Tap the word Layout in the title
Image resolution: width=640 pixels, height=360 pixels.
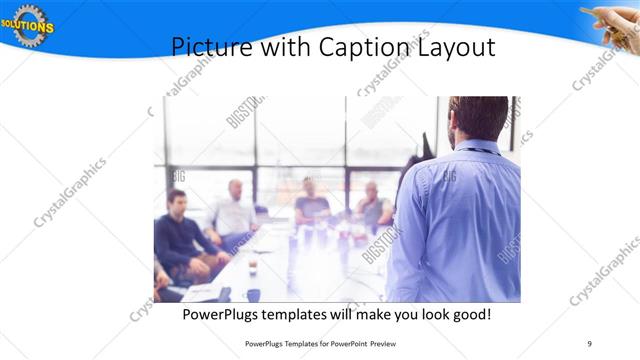pyautogui.click(x=461, y=47)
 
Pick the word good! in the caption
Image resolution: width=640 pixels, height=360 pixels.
pyautogui.click(x=470, y=315)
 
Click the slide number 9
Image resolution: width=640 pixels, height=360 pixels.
pyautogui.click(x=589, y=343)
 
